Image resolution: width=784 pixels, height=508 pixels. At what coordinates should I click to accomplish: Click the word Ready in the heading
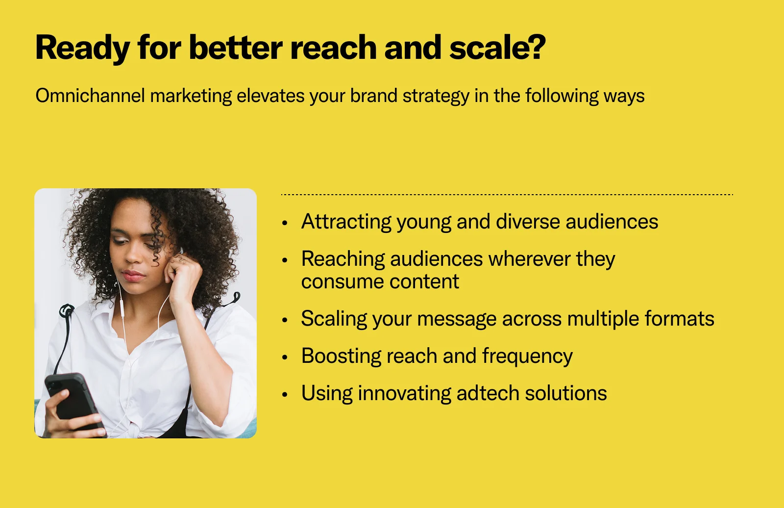coord(83,48)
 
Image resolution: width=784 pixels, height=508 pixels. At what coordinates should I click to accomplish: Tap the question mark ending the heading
coord(536,46)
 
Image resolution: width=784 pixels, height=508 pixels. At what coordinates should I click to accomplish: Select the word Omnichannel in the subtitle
coord(90,95)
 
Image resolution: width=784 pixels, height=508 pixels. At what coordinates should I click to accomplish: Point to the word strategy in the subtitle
coord(436,96)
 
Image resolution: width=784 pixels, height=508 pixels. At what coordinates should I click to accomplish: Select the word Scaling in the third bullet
coord(334,319)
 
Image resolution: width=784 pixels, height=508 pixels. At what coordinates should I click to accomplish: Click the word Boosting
coord(341,356)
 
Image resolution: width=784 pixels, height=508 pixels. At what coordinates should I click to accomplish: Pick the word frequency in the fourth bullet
coord(527,356)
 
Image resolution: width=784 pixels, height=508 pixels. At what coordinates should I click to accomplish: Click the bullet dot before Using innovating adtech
coord(285,395)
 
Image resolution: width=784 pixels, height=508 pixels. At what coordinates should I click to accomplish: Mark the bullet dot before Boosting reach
coord(285,357)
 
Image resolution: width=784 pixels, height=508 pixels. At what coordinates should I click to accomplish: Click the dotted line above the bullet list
coord(507,195)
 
